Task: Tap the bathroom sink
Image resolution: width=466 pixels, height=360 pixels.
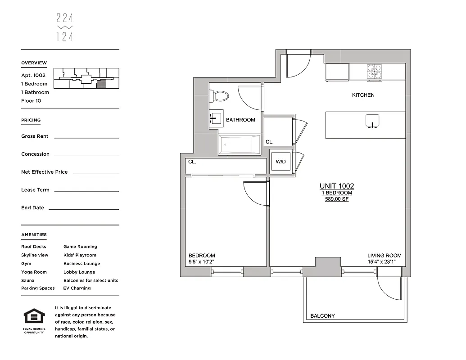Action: pos(215,119)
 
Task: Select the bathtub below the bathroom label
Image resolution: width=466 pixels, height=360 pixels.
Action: pos(239,145)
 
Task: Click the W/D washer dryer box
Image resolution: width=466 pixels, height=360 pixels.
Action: pos(281,162)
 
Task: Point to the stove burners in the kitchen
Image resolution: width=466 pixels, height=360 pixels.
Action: pos(374,72)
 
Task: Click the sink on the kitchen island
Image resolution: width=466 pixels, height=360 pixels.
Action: pos(372,121)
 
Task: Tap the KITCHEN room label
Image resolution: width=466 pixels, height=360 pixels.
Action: pos(363,95)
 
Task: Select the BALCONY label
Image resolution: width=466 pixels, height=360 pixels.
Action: pos(322,316)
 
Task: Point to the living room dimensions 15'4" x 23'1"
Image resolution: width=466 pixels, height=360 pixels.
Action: pos(384,262)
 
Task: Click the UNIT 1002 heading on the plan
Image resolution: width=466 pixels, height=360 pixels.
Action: pos(337,186)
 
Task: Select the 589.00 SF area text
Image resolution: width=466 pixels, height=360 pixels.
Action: pos(337,199)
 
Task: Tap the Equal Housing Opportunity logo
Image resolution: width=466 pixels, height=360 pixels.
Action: pos(34,317)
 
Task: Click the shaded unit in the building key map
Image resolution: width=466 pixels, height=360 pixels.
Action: pos(102,83)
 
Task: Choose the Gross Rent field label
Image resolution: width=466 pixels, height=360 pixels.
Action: pos(35,136)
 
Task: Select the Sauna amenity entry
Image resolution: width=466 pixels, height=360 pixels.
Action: pos(27,280)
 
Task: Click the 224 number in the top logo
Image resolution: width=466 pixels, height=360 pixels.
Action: pos(65,18)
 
